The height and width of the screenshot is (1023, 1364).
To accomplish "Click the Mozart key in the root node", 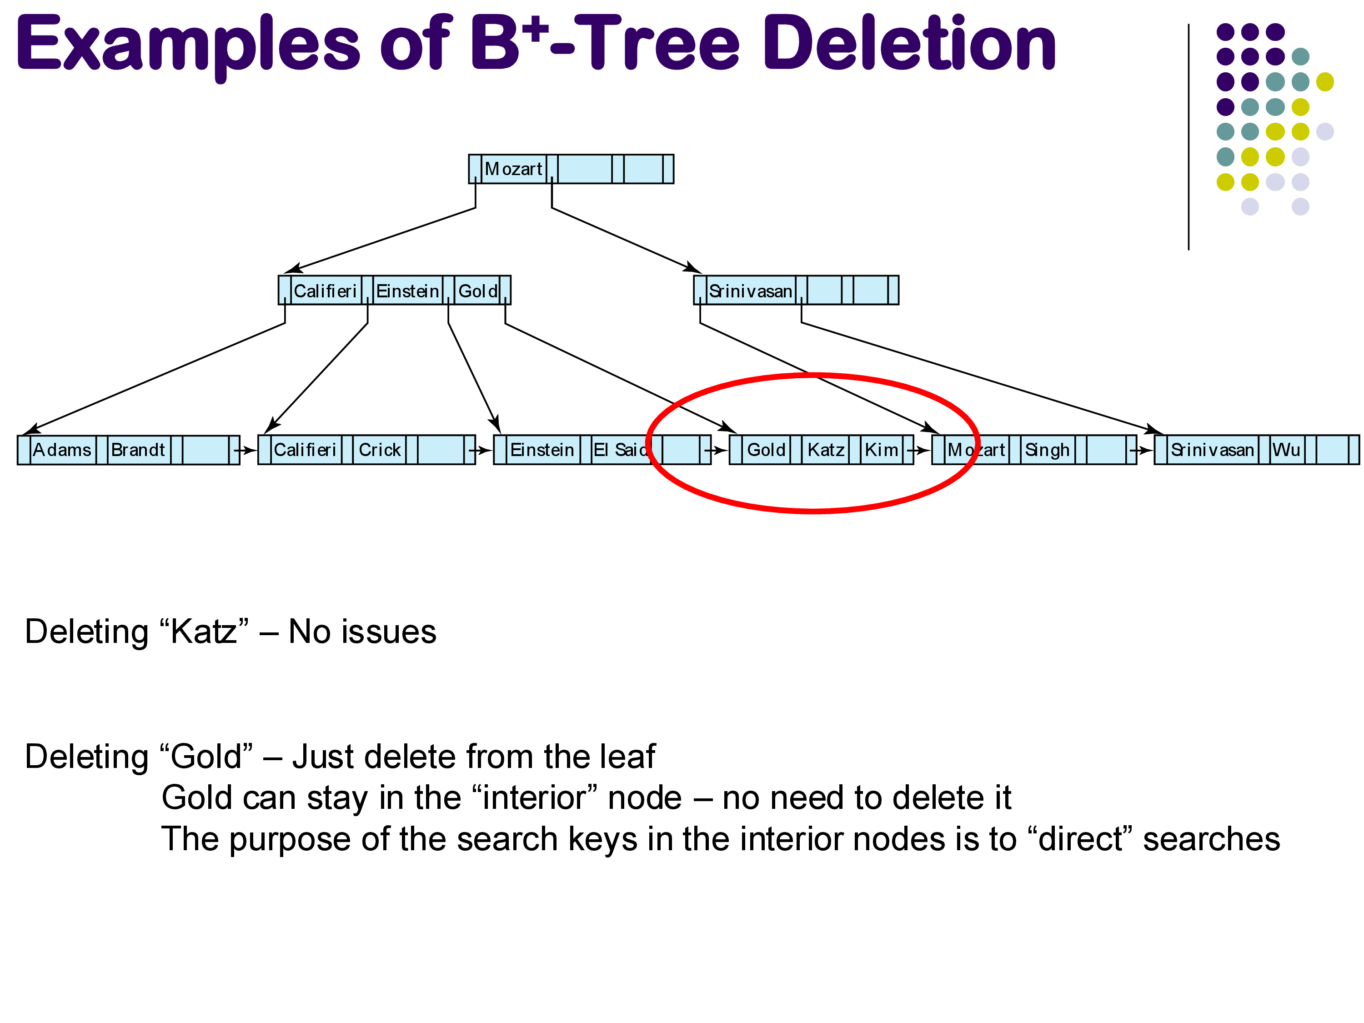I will [514, 169].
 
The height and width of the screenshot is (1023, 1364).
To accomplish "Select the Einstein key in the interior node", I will [407, 291].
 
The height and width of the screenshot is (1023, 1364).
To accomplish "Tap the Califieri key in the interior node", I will [325, 291].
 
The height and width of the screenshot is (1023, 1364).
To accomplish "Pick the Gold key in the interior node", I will [478, 291].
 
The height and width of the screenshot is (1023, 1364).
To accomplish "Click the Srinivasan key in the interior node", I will [751, 291].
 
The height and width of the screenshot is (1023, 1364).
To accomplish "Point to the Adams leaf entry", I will [62, 450].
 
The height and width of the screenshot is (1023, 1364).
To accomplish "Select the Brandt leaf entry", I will [138, 450].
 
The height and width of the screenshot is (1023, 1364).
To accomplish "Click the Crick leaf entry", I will [380, 450].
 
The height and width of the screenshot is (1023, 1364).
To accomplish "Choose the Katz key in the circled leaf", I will [826, 450].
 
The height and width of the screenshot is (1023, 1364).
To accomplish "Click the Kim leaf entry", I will [881, 450].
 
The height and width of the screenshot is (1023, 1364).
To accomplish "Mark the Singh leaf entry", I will [1047, 450].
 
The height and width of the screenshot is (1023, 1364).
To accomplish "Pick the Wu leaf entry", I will [1286, 450].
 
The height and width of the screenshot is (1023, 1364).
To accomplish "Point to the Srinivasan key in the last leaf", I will [1212, 450].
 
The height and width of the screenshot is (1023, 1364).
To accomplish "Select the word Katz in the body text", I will [204, 632].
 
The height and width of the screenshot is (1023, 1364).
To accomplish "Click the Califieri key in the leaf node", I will [305, 450].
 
